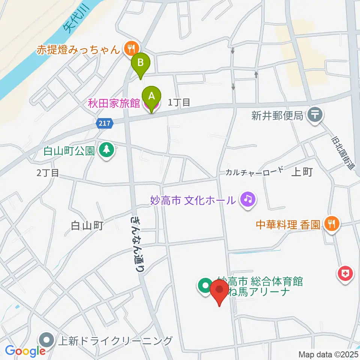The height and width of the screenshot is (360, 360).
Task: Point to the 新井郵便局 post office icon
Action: pos(315,114)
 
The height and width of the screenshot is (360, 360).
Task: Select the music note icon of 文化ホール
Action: pos(247,199)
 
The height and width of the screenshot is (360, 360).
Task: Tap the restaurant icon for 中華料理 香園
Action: pos(332,224)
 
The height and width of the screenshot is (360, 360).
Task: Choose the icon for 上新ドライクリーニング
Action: pos(47,340)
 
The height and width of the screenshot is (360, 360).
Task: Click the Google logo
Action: pos(25,351)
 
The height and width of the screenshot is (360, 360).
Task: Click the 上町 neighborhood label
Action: pos(302,172)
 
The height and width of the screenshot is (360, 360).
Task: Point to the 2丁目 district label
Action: pos(48,173)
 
